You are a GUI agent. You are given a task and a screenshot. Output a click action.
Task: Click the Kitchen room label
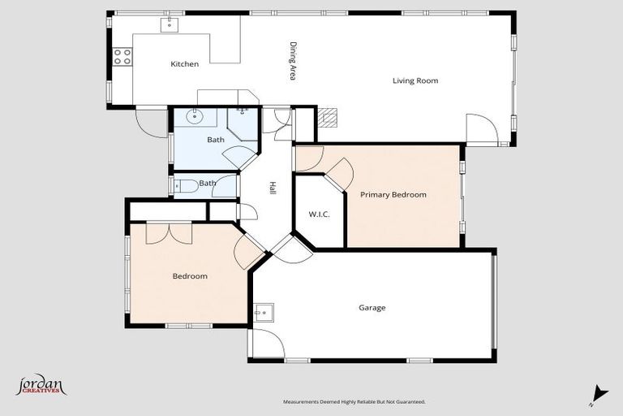click(184, 64)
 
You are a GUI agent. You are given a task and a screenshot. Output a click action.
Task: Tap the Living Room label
click(415, 80)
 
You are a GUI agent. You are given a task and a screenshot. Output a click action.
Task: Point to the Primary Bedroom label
click(393, 195)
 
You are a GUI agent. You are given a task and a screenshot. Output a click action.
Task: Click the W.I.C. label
click(318, 214)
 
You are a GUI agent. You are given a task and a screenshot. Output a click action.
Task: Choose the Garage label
click(372, 308)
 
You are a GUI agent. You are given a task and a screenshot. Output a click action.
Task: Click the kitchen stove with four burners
click(122, 57)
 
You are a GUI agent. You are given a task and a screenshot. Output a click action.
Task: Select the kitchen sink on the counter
click(169, 24)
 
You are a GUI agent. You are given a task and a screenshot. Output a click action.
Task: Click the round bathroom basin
click(195, 117)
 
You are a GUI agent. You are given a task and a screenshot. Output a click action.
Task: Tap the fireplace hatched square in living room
click(327, 118)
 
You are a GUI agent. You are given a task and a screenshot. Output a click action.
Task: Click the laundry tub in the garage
click(263, 312)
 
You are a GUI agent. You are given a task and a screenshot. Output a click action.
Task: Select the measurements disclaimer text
click(354, 401)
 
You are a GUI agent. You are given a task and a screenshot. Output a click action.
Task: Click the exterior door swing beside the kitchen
click(151, 123)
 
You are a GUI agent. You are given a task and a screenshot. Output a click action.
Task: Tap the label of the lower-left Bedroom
click(190, 276)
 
